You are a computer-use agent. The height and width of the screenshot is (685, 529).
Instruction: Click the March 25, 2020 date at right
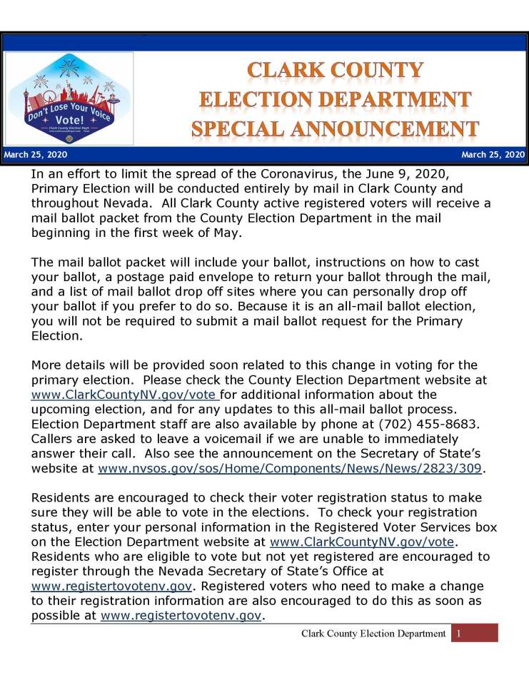click(x=493, y=155)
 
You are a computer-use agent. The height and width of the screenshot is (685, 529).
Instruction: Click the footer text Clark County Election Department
click(x=373, y=633)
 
